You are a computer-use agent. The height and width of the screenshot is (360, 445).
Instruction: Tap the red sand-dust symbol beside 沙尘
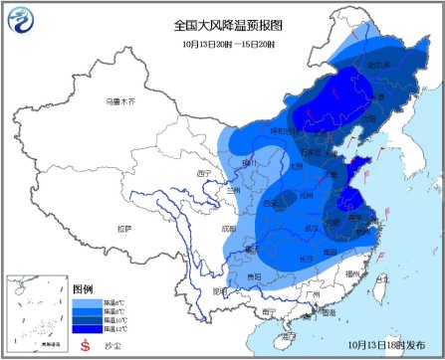[85, 344]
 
